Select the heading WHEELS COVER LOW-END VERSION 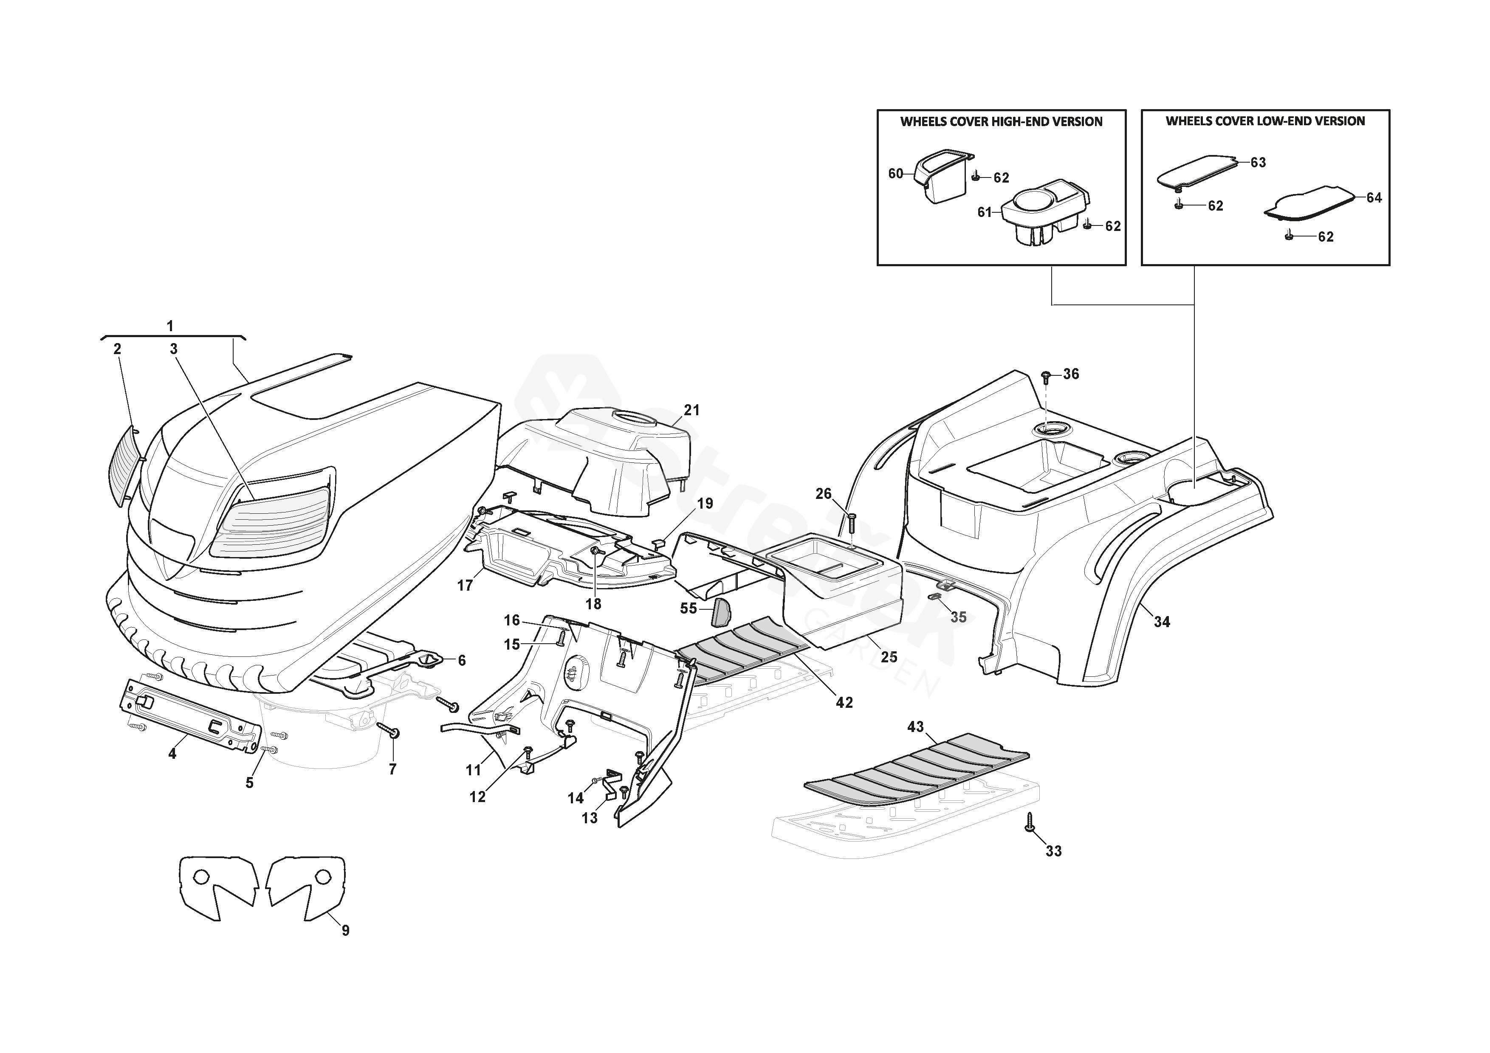click(x=1265, y=121)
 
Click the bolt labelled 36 click(x=1046, y=376)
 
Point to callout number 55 click(x=688, y=608)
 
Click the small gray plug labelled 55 click(x=721, y=611)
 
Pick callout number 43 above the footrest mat click(x=915, y=726)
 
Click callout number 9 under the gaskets click(x=345, y=930)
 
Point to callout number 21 click(x=692, y=410)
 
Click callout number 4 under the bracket click(x=172, y=754)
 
